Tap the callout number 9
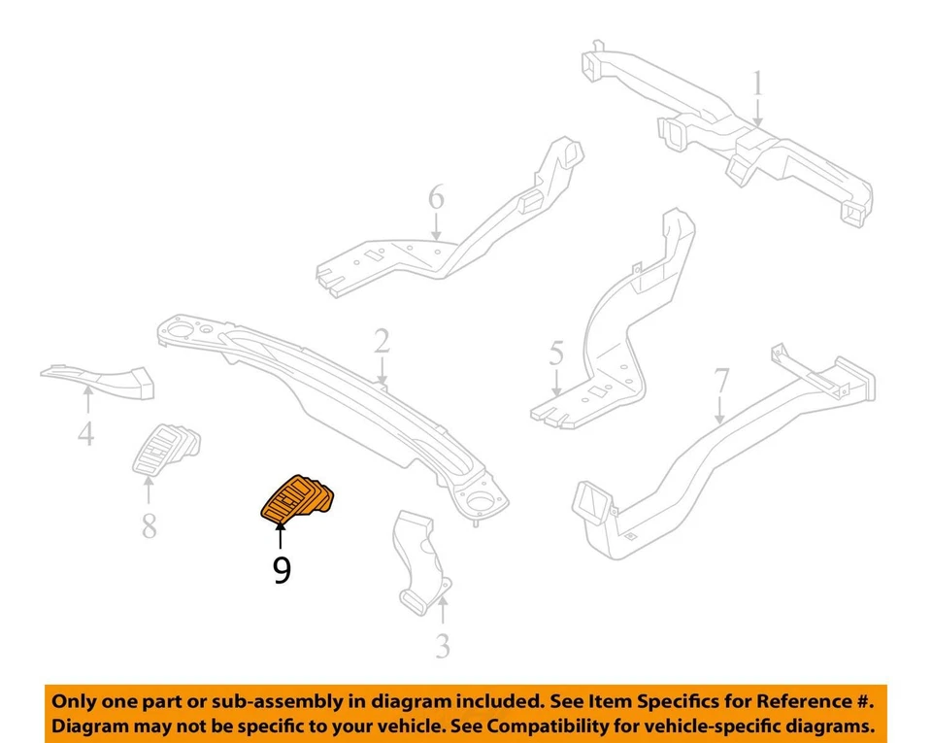tap(282, 569)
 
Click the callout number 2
tap(382, 341)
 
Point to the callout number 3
tap(442, 645)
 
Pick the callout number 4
tap(86, 432)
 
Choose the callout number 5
tap(555, 352)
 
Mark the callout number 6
tap(436, 199)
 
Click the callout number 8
tap(149, 525)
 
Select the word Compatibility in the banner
tap(549, 726)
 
